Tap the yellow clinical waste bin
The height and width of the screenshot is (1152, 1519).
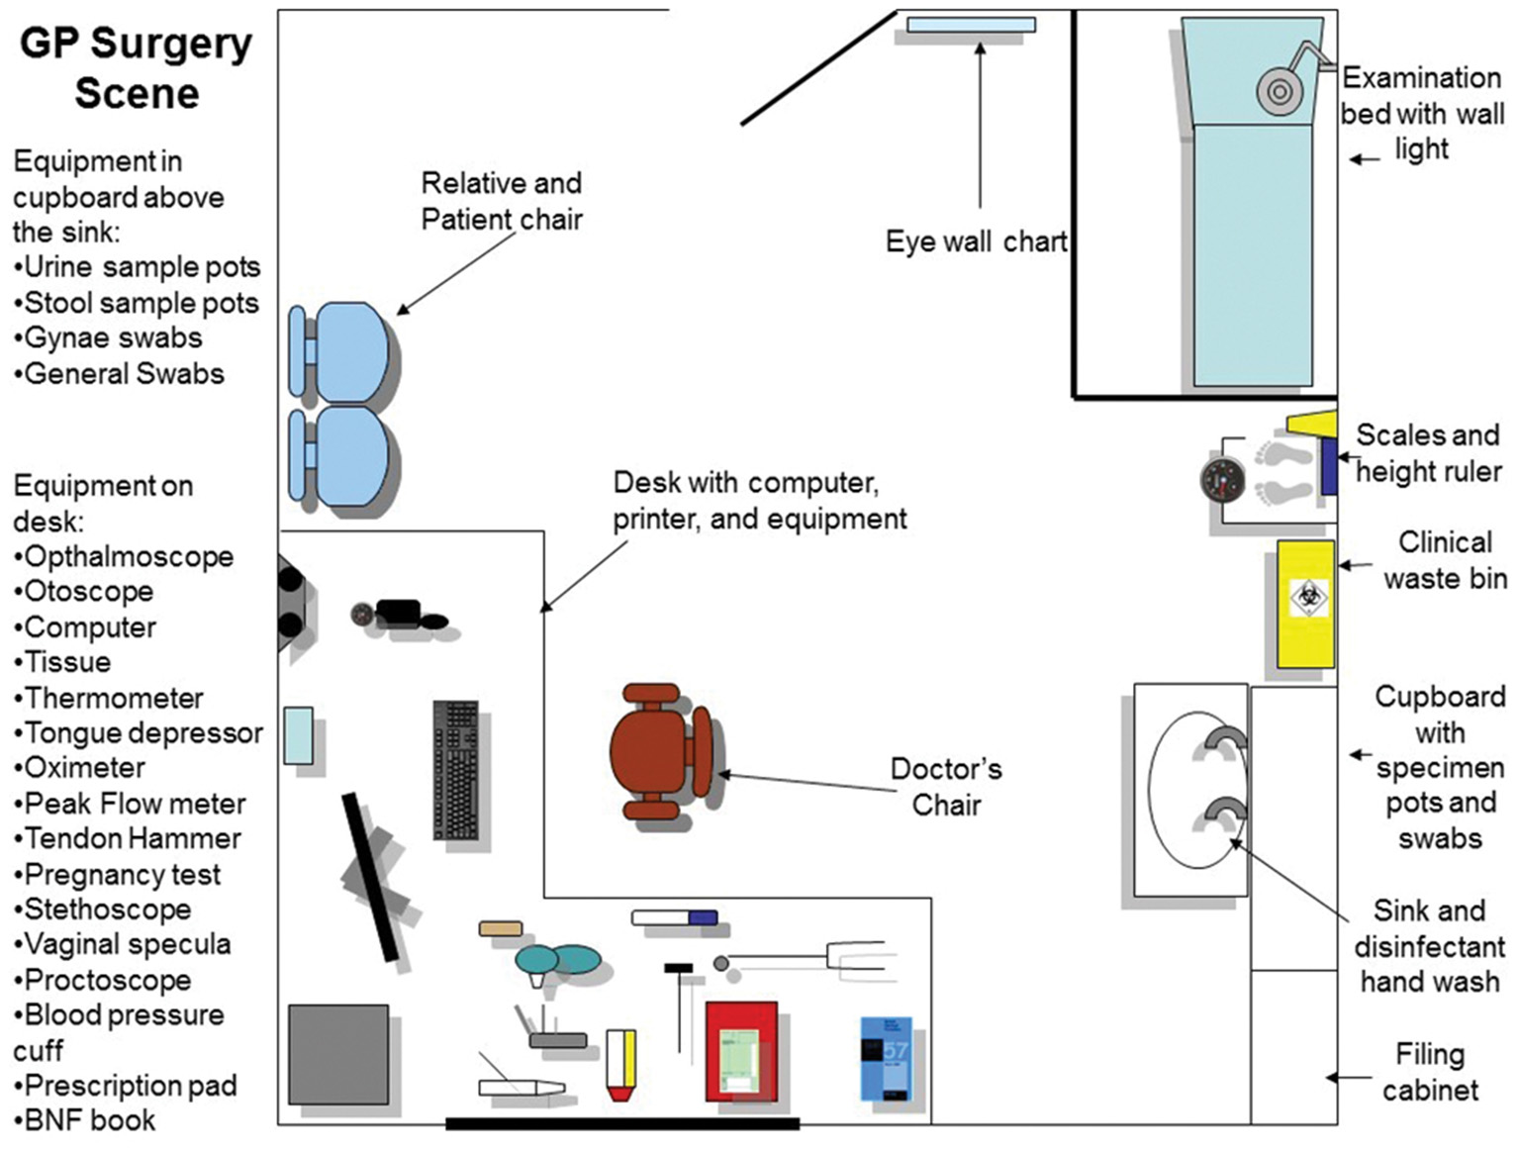click(x=1304, y=604)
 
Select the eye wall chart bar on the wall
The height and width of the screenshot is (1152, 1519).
click(x=971, y=25)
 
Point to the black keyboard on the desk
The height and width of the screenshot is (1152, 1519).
click(x=455, y=770)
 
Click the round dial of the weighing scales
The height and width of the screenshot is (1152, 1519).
click(x=1220, y=481)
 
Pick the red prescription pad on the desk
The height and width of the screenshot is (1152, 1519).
click(x=740, y=1051)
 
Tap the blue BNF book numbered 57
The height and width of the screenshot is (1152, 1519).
click(x=886, y=1058)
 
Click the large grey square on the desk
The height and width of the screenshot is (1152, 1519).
click(x=337, y=1054)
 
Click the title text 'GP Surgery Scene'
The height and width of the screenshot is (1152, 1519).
click(x=137, y=68)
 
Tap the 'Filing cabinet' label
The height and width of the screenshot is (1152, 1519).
click(x=1430, y=1072)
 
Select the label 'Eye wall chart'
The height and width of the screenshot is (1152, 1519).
click(x=976, y=241)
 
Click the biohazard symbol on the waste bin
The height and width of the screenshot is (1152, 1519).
click(x=1307, y=598)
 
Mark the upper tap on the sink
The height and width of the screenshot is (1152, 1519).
click(x=1228, y=741)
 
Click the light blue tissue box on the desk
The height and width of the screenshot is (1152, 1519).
click(x=298, y=735)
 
